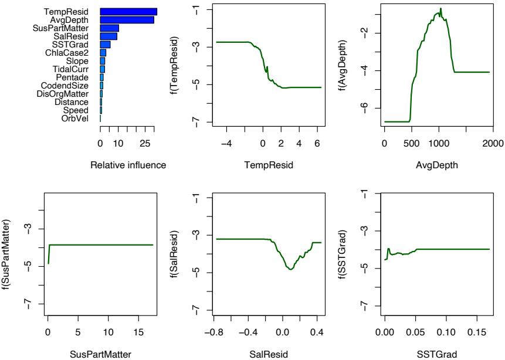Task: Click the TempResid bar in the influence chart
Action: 128,12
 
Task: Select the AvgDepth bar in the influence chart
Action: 127,20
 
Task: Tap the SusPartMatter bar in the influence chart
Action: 110,28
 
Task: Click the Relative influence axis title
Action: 128,165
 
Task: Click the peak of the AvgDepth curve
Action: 440,9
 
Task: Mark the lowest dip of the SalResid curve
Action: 290,269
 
